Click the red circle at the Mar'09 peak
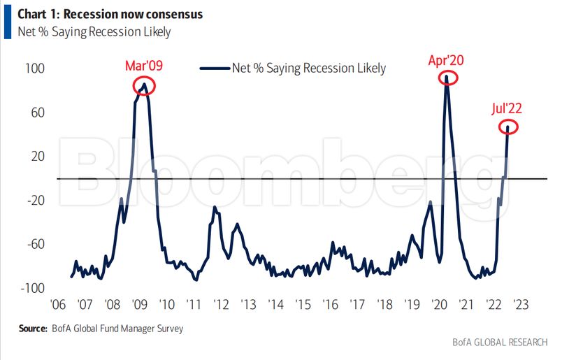pyautogui.click(x=143, y=85)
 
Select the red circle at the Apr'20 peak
pyautogui.click(x=446, y=77)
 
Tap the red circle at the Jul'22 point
pyautogui.click(x=509, y=127)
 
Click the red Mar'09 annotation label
pyautogui.click(x=143, y=66)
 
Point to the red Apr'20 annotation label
pyautogui.click(x=446, y=60)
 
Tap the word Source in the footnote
pyautogui.click(x=33, y=328)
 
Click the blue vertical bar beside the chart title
pyautogui.click(x=6, y=22)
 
